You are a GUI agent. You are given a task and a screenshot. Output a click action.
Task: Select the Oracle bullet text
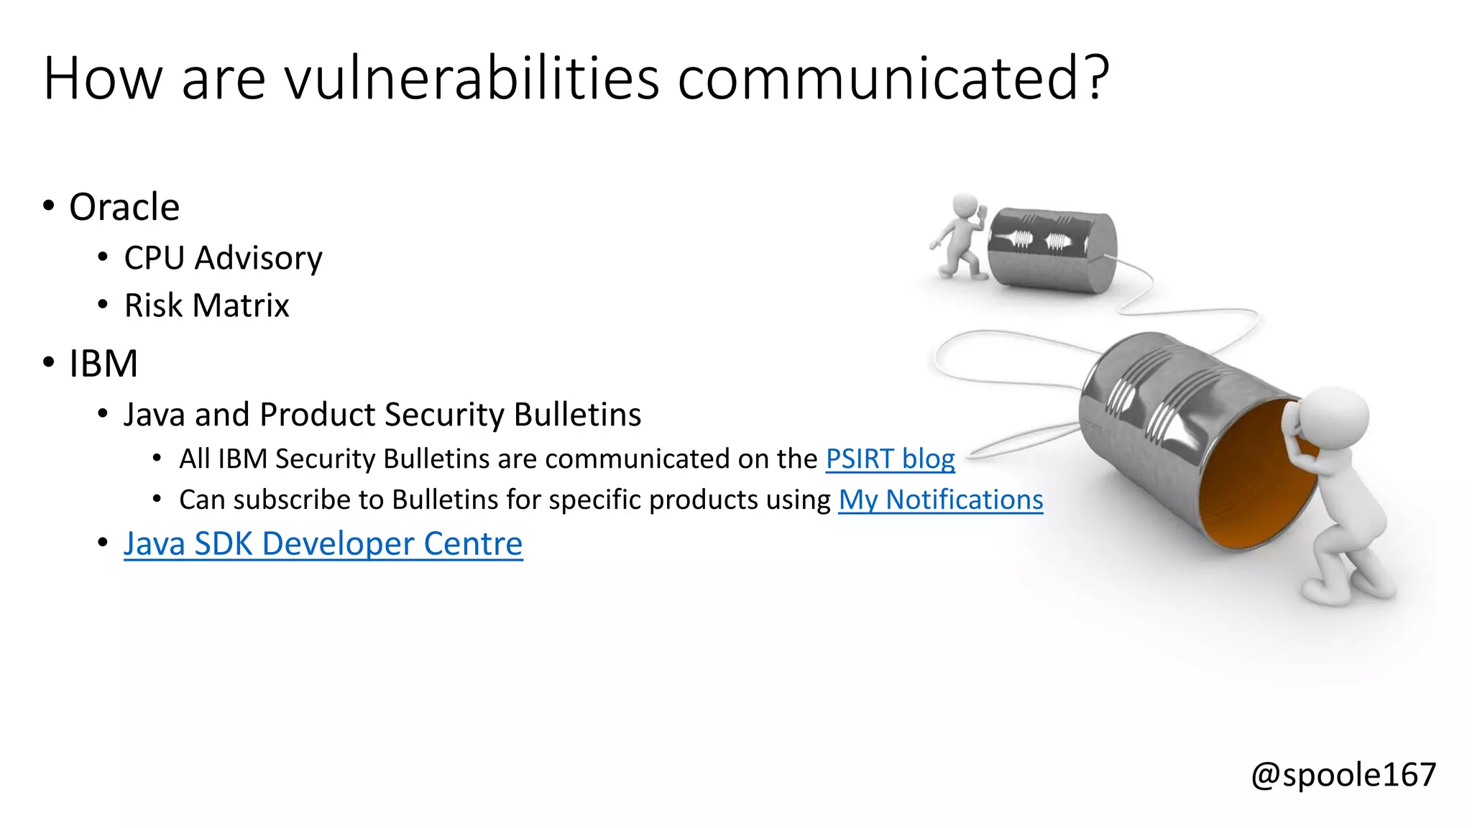[124, 207]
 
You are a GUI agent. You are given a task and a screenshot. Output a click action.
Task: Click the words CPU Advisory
[223, 258]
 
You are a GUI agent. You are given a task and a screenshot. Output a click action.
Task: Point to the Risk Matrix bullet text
[206, 305]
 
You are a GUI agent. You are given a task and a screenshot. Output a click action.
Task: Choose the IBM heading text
[103, 363]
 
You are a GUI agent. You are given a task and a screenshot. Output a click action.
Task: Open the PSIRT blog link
[890, 459]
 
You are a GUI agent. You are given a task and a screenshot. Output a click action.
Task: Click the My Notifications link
[940, 500]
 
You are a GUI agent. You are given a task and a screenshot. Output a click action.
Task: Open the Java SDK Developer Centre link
[323, 543]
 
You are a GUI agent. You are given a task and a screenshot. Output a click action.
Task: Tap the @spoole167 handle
[1343, 775]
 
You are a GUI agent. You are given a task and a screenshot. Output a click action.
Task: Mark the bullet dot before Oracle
[49, 206]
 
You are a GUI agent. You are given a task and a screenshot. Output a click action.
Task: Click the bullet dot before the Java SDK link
[103, 543]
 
